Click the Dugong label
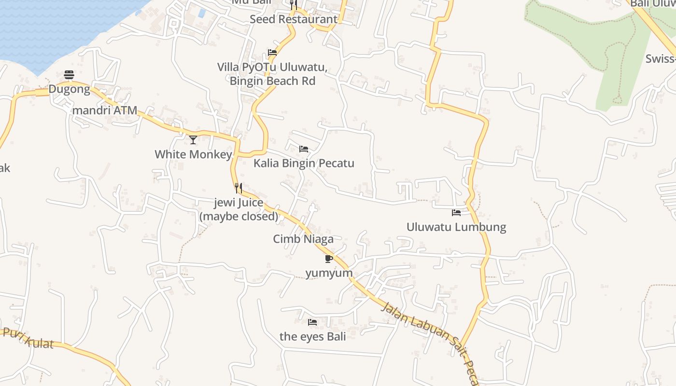(x=69, y=89)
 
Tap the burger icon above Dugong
(x=69, y=75)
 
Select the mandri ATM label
(x=105, y=110)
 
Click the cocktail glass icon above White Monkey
(x=193, y=140)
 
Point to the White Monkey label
(x=193, y=154)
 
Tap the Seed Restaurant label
(x=294, y=19)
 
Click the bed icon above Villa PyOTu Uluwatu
(x=272, y=53)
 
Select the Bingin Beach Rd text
(x=272, y=81)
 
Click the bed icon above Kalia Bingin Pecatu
(x=304, y=149)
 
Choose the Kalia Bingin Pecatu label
(x=304, y=163)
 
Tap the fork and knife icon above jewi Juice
(x=239, y=188)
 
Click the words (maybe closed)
(x=239, y=216)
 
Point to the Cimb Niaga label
(x=303, y=239)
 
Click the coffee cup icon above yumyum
(x=329, y=259)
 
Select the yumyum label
(x=329, y=273)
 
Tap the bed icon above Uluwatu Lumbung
(x=456, y=212)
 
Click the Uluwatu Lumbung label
(x=456, y=227)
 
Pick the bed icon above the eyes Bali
(x=312, y=322)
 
